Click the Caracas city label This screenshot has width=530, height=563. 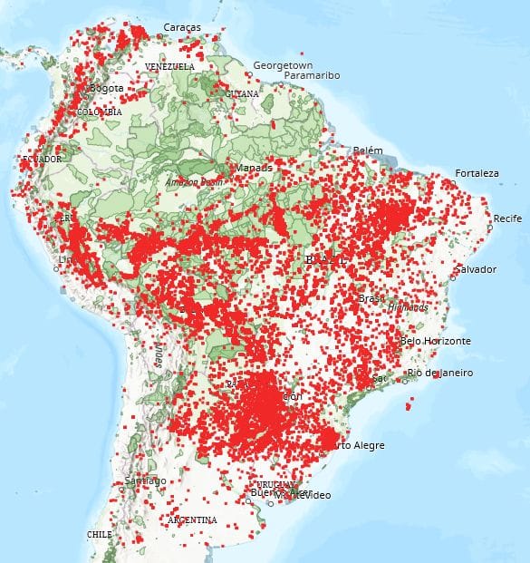click(x=182, y=28)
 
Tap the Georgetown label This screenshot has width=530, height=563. click(x=283, y=66)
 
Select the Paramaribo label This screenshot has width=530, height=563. click(x=309, y=76)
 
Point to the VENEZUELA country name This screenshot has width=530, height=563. click(x=169, y=67)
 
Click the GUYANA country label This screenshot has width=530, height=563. click(x=242, y=93)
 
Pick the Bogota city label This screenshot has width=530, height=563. click(x=105, y=88)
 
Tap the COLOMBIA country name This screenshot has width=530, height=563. click(x=99, y=112)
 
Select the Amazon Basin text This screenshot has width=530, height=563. click(x=194, y=182)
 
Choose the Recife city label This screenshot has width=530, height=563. click(x=507, y=218)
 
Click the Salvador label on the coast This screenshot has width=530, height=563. click(x=477, y=269)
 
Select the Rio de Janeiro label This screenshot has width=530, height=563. click(x=439, y=373)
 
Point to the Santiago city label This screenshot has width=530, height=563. click(x=145, y=480)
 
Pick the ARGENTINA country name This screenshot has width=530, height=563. click(x=192, y=519)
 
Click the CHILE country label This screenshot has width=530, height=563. click(x=99, y=535)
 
